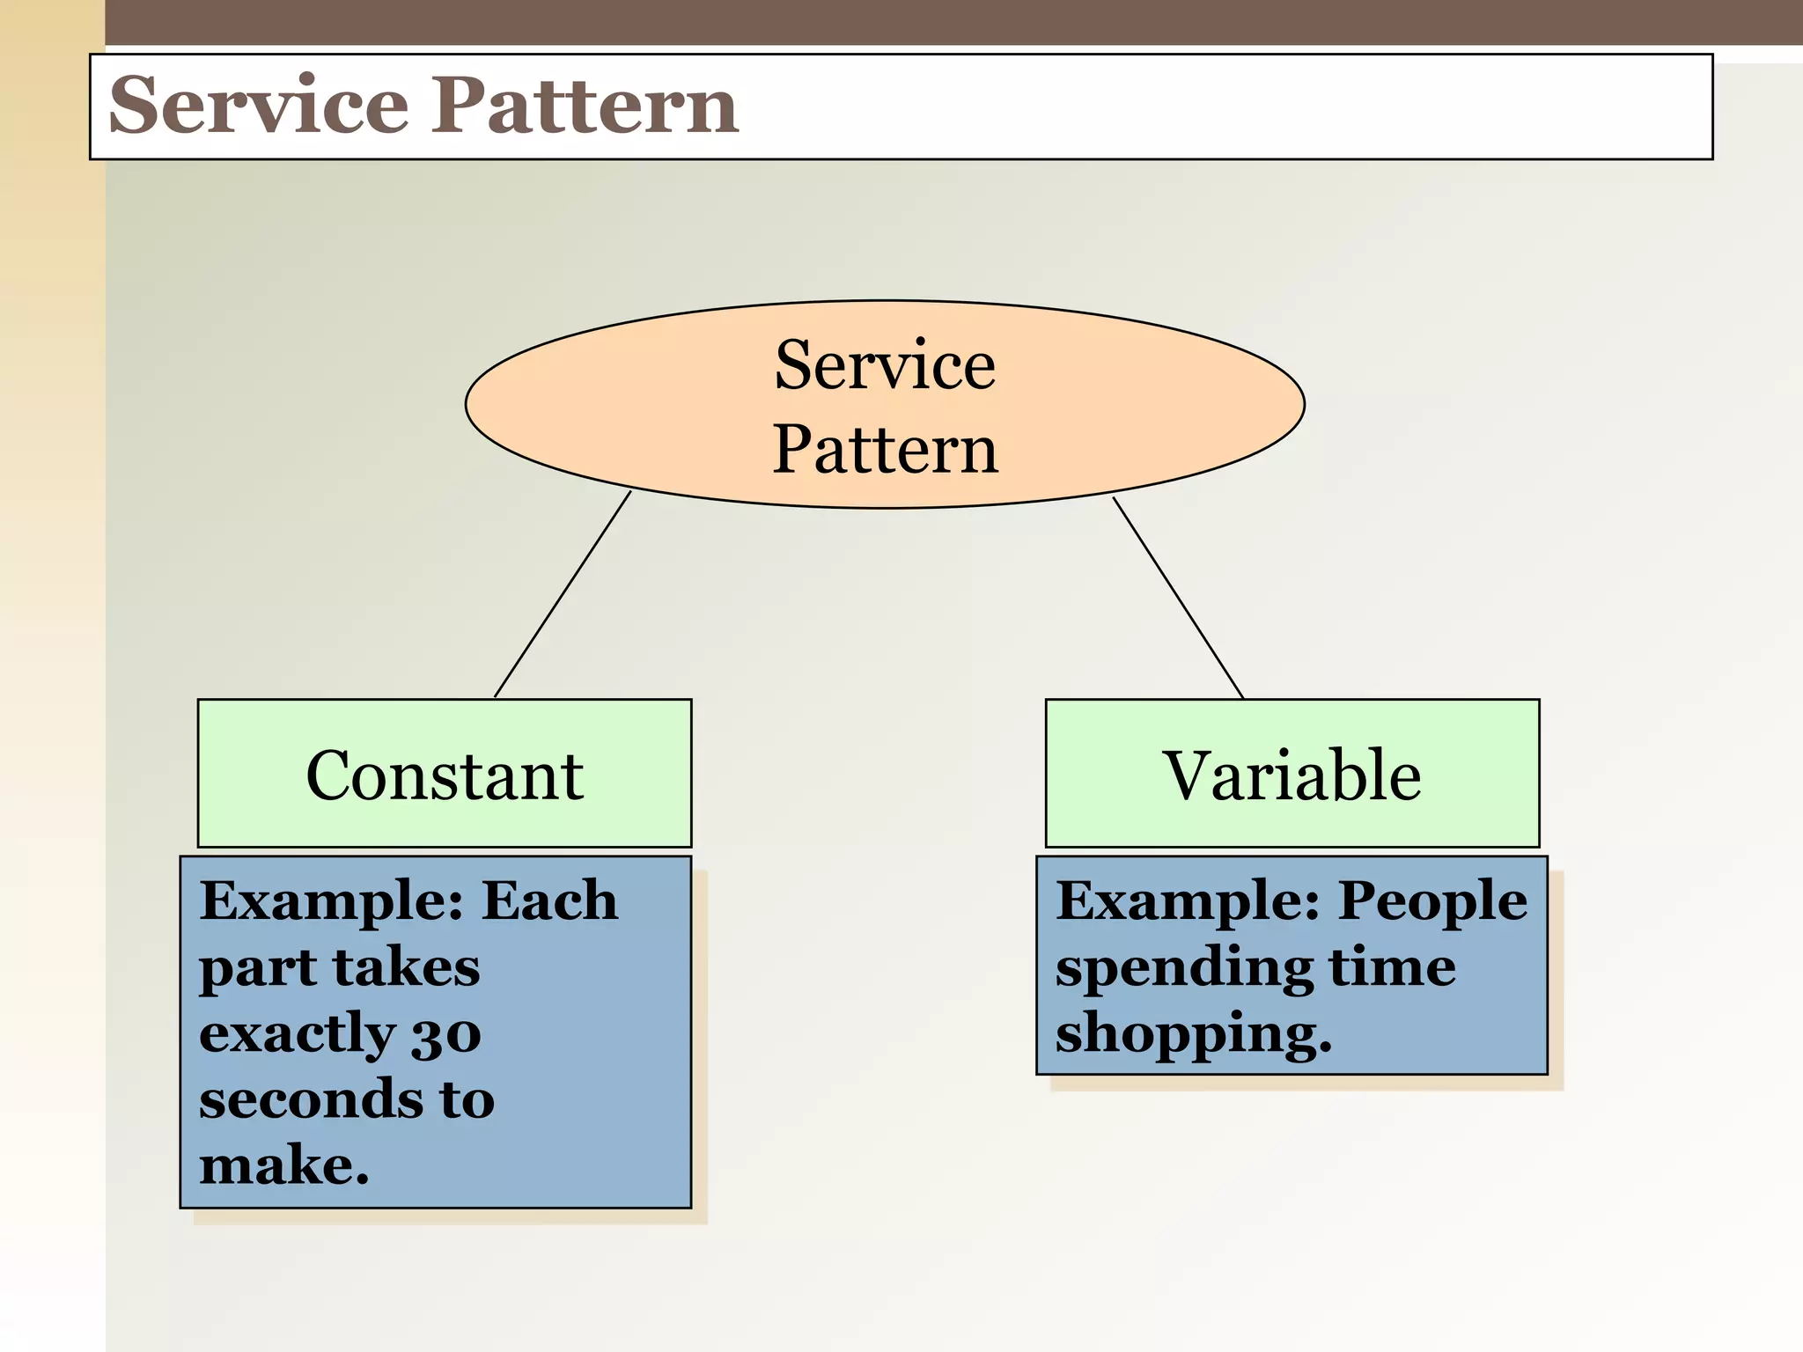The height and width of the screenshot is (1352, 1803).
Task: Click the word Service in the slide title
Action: pos(259,106)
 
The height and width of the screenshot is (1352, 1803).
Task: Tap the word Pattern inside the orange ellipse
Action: pos(885,449)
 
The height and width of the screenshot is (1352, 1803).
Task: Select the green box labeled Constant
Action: pos(445,774)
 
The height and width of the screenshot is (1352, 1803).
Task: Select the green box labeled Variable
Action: pos(1292,774)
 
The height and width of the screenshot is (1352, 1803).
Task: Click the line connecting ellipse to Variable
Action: pos(1178,598)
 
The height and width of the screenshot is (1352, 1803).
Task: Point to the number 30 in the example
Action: pos(446,1035)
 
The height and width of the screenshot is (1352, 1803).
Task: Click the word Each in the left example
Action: pos(550,901)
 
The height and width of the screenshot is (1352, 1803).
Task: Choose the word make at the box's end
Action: pos(282,1166)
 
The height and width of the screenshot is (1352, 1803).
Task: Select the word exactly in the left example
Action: pos(297,1035)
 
